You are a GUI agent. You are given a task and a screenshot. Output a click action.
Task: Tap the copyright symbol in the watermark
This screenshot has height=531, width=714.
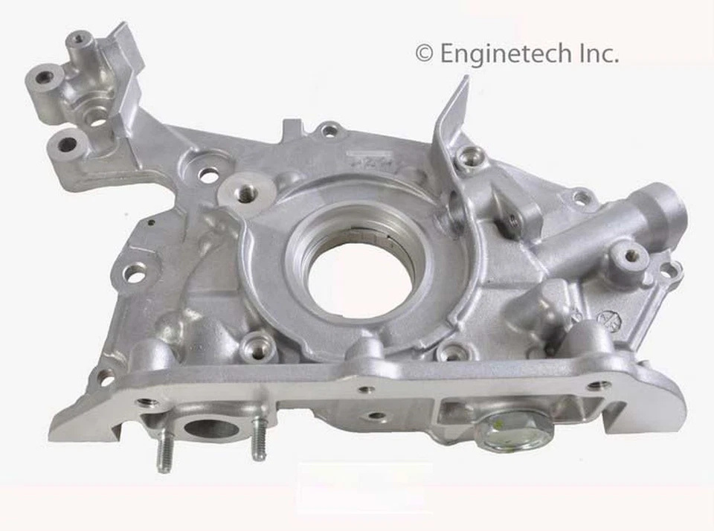click(424, 53)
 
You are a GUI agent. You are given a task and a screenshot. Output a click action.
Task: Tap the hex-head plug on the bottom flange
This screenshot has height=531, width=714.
click(514, 431)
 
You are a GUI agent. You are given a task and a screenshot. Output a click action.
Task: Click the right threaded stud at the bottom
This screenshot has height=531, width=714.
click(258, 440)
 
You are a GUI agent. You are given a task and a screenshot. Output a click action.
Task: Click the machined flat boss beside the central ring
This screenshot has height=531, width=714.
click(245, 191)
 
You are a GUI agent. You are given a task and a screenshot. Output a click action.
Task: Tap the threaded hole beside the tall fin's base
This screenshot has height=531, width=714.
click(470, 158)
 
